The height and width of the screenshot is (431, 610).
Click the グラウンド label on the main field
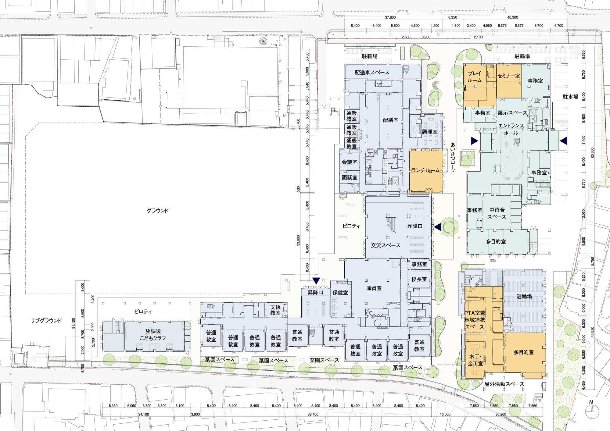click(157, 211)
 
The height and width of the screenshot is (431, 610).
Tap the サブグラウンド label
click(46, 320)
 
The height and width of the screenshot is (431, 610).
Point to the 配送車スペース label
click(372, 73)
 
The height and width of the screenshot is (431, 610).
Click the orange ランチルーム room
click(425, 171)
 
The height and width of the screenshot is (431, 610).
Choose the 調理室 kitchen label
click(429, 132)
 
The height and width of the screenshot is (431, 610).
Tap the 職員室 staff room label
click(374, 288)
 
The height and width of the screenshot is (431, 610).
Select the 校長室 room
click(419, 279)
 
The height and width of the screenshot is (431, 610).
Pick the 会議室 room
click(350, 162)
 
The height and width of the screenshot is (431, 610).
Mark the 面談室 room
click(350, 177)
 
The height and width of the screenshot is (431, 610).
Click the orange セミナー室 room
click(508, 81)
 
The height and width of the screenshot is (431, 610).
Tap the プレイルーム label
click(475, 77)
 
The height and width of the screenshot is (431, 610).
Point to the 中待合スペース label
click(497, 213)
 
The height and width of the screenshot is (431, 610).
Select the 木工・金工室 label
click(475, 360)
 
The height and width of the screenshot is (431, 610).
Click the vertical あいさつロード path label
click(453, 158)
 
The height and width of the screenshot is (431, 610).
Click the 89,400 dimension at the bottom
click(313, 415)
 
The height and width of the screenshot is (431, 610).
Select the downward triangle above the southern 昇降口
click(316, 280)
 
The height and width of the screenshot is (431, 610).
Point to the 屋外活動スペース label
click(504, 384)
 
